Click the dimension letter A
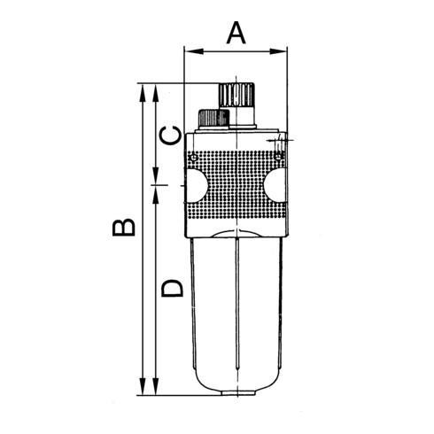(236, 33)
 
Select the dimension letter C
(172, 135)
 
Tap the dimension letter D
(172, 287)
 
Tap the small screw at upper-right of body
(279, 158)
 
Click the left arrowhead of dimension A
(188, 51)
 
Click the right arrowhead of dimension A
(284, 51)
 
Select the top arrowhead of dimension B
(142, 89)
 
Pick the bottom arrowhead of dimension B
(142, 391)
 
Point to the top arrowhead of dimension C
(158, 89)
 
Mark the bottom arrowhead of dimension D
(158, 391)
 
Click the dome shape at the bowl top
(236, 233)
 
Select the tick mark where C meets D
(158, 185)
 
